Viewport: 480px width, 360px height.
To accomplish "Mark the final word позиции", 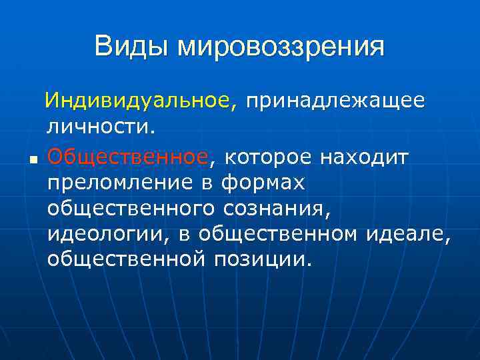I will (x=263, y=259).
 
